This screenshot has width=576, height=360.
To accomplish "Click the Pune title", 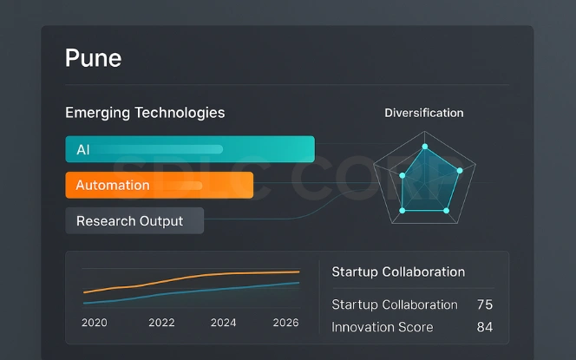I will pyautogui.click(x=93, y=58).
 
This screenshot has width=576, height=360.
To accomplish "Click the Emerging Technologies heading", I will pyautogui.click(x=145, y=113).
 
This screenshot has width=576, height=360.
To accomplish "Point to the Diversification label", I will pyautogui.click(x=423, y=113).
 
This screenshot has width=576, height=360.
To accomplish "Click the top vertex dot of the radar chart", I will pyautogui.click(x=424, y=146).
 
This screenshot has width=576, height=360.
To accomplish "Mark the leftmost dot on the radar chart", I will pyautogui.click(x=402, y=175).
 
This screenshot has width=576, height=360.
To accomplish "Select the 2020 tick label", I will pyautogui.click(x=94, y=323).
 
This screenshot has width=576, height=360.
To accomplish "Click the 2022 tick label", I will pyautogui.click(x=161, y=323).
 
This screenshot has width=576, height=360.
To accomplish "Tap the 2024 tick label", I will pyautogui.click(x=223, y=323).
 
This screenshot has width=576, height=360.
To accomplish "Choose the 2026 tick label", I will pyautogui.click(x=285, y=323).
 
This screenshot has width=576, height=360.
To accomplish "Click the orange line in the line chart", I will pyautogui.click(x=191, y=278).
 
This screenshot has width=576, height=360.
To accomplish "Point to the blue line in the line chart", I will pyautogui.click(x=191, y=292).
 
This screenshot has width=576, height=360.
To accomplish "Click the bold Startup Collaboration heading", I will pyautogui.click(x=398, y=272).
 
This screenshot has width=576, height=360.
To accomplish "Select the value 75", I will pyautogui.click(x=485, y=304).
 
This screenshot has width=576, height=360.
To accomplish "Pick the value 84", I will pyautogui.click(x=485, y=327).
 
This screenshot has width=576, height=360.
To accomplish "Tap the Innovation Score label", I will pyautogui.click(x=382, y=327).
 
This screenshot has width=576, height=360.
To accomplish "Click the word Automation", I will pyautogui.click(x=113, y=185).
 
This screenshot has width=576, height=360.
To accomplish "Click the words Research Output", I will pyautogui.click(x=129, y=220).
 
